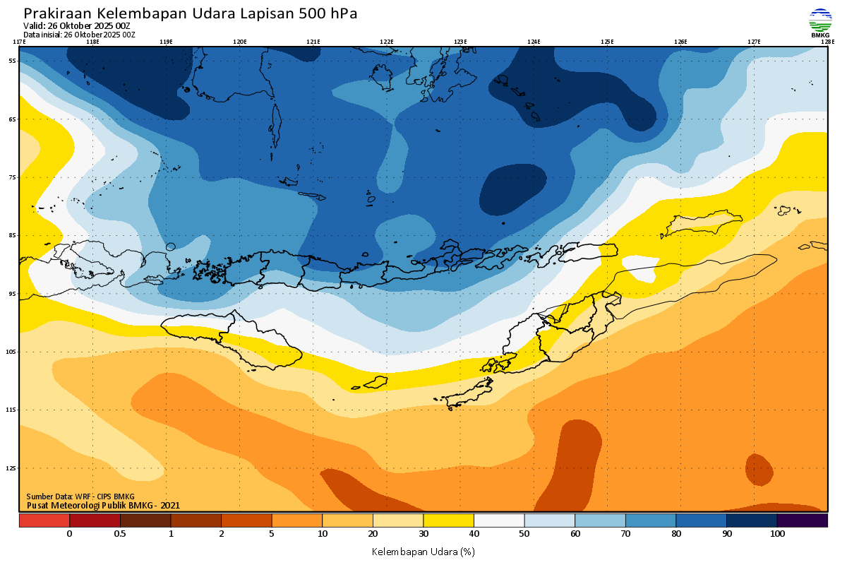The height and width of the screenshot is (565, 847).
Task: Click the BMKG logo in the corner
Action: tap(820, 23)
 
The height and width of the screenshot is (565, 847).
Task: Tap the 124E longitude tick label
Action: tap(534, 42)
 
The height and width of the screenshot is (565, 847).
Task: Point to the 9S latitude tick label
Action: tap(13, 293)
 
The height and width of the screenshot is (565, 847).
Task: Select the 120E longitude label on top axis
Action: tap(239, 42)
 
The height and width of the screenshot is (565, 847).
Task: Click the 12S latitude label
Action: tap(13, 468)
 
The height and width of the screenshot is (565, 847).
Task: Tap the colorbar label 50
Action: tap(524, 534)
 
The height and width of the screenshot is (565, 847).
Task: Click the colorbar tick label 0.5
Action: tap(120, 534)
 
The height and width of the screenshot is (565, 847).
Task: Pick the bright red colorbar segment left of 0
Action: tap(44, 521)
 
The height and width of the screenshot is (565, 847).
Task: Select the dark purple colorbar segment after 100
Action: tap(803, 521)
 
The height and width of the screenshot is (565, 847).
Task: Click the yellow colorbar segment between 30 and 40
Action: tap(448, 521)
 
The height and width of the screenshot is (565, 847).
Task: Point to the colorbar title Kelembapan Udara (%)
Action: tap(423, 551)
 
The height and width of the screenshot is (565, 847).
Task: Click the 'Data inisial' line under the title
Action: tap(79, 35)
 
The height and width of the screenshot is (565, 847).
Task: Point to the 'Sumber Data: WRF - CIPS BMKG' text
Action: tap(80, 496)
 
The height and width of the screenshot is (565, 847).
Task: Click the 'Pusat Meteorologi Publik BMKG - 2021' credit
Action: tap(103, 505)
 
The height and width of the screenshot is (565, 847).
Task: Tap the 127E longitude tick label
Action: tap(754, 42)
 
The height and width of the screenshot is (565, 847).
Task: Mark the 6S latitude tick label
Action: tap(13, 119)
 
